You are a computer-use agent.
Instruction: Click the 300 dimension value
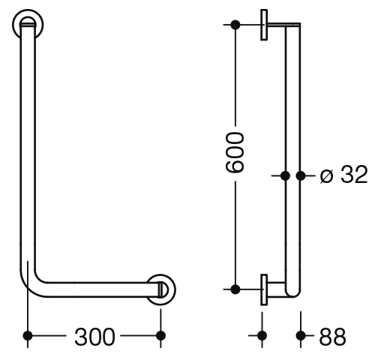click(x=94, y=337)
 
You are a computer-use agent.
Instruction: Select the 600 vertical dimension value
click(x=235, y=153)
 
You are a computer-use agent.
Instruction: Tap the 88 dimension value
click(x=332, y=337)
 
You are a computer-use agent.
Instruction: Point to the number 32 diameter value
click(x=354, y=174)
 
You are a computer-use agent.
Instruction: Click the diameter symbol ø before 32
click(x=327, y=176)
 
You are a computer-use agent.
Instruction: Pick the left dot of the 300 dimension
click(x=28, y=335)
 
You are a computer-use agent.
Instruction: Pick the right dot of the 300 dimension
click(x=160, y=335)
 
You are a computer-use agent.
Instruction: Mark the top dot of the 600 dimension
click(x=235, y=25)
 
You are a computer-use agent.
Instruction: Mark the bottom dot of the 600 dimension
click(x=235, y=289)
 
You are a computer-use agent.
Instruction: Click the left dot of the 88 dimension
click(x=262, y=335)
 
